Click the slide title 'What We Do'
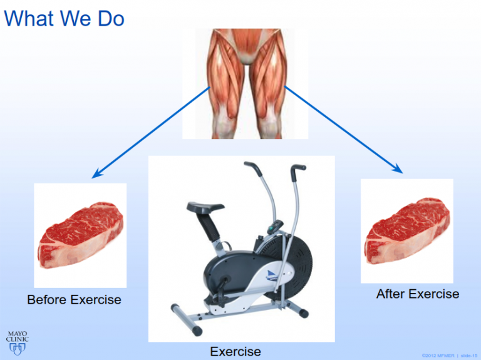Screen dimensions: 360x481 (64, 18)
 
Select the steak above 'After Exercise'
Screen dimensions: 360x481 (407, 231)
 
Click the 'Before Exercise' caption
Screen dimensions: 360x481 (74, 300)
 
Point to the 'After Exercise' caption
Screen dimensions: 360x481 (417, 294)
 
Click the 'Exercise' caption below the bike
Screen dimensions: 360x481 (235, 351)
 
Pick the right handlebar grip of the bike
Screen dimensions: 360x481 (299, 167)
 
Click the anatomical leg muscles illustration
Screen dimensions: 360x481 (245, 83)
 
